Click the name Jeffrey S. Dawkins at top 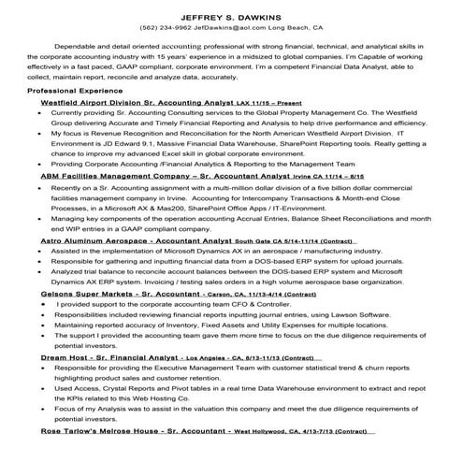[x=231, y=13]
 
